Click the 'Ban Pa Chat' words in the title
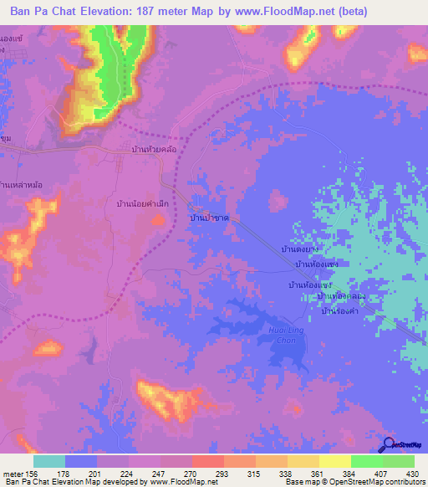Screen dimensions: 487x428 [42, 12]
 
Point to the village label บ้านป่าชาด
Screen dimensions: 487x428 [210, 218]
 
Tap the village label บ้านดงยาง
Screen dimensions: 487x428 [301, 249]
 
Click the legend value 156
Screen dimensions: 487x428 [32, 474]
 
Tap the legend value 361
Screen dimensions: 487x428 [318, 474]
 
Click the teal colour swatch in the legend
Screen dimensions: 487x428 [49, 461]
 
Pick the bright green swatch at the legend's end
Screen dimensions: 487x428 [398, 461]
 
